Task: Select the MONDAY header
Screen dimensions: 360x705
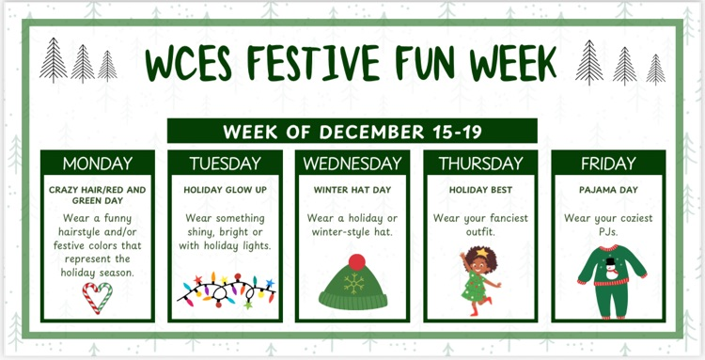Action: pos(98,164)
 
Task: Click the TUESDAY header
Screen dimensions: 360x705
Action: pos(226,164)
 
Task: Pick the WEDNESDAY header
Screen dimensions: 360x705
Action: pos(352,164)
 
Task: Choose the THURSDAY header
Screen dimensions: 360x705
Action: pos(480,164)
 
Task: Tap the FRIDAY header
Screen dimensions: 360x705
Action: pos(608,164)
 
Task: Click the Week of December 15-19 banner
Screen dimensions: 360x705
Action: pos(352,131)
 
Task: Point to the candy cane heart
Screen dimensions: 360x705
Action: pos(98,296)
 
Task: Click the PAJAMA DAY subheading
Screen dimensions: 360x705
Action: pos(608,189)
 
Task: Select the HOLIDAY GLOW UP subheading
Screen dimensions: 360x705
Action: pos(226,189)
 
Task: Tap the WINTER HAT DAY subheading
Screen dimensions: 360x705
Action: pos(352,189)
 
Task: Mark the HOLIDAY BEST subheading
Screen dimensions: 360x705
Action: pos(480,189)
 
